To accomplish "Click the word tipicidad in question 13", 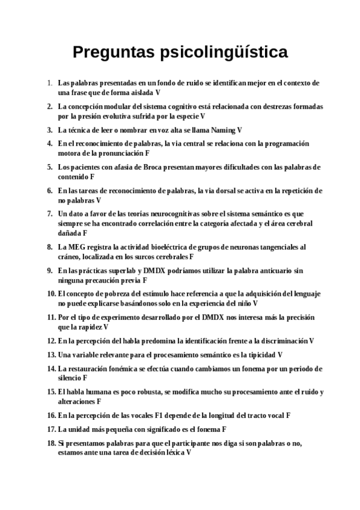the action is pos(260,355).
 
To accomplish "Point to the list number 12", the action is pos(50,341).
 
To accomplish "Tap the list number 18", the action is pos(50,443).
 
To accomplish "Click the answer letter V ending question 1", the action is pos(157,93).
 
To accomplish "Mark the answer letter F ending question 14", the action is pos(85,378).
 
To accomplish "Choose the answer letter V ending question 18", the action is pos(189,452).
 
